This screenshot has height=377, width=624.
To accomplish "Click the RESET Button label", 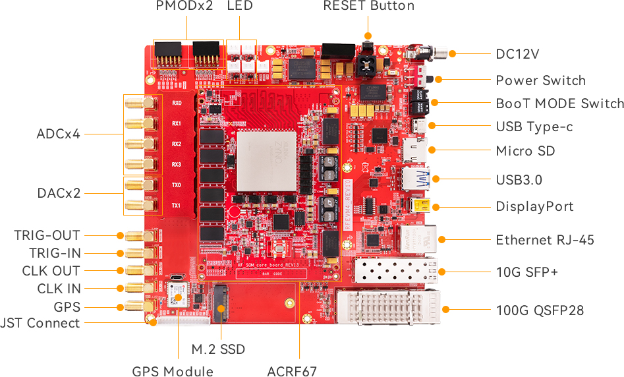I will tap(368, 7).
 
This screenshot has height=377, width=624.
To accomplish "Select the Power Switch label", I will tap(540, 80).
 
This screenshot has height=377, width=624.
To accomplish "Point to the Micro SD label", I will tap(525, 151).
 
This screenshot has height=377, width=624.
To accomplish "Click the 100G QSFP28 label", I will tap(540, 310).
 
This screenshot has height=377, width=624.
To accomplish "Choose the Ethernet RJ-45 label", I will tap(545, 240).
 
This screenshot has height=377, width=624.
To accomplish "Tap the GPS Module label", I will tap(173, 371).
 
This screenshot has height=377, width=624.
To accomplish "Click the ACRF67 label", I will tap(292, 371).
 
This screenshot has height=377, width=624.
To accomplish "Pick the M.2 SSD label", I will tap(218, 349).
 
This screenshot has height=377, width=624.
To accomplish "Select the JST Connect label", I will tap(40, 323).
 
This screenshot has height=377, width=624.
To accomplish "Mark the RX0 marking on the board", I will tap(177, 103).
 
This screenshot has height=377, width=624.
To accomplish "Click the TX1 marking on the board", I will tap(177, 206).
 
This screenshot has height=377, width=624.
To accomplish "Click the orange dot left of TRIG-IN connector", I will tap(121, 253).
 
